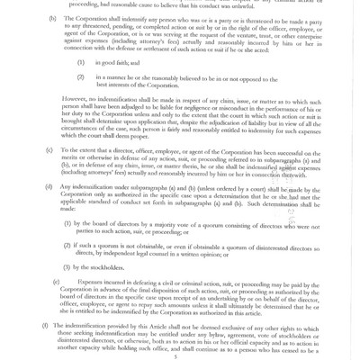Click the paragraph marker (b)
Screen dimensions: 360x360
coord(51,18)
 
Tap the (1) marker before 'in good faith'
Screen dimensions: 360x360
coord(81,63)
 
